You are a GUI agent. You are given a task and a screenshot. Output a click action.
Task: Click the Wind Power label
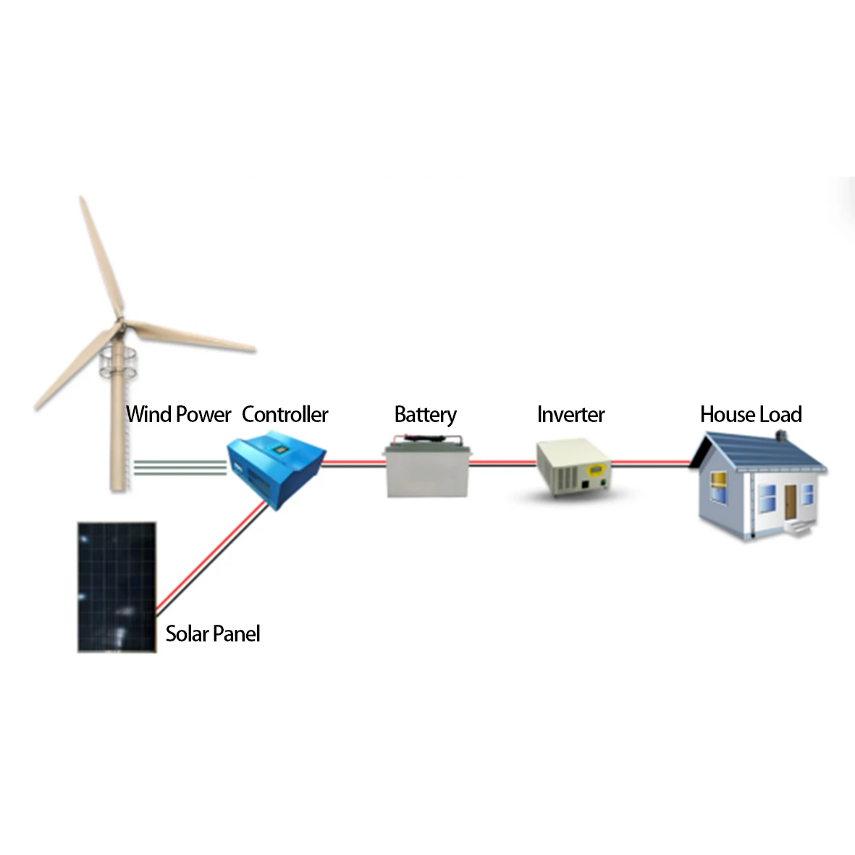point(178,415)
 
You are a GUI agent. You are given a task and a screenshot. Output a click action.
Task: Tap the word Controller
point(285,415)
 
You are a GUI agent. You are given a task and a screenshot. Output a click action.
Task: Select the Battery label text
point(425,415)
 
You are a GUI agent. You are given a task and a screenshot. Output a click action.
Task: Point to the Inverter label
point(570,415)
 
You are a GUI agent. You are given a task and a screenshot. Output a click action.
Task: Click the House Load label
point(751,415)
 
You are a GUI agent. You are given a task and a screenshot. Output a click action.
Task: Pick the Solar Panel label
point(212,634)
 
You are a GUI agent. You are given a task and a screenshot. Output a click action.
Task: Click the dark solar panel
point(117,587)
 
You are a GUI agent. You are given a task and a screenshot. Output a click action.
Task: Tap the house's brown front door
point(790,501)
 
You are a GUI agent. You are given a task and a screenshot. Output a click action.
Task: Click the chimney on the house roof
point(780,436)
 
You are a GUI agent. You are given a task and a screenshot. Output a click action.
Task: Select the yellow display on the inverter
point(597,471)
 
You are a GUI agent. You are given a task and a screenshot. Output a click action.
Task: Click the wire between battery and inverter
point(502,463)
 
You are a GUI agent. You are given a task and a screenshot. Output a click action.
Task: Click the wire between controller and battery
point(353,463)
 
